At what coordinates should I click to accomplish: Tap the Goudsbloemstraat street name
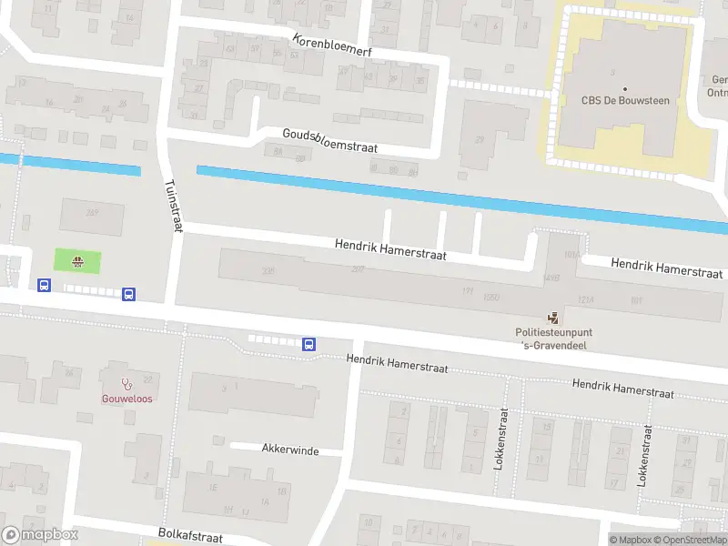coord(329,141)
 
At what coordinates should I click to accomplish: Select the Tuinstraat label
coord(171,206)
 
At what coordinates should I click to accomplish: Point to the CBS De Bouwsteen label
coord(625,100)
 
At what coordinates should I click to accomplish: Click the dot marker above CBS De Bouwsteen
coord(625,88)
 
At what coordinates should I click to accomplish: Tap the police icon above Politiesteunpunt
coord(552,318)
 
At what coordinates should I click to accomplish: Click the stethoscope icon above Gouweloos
coord(126,382)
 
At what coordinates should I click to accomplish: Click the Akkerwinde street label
coord(287,448)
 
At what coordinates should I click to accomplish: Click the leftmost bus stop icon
coord(44,285)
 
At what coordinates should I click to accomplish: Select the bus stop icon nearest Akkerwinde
coord(308,344)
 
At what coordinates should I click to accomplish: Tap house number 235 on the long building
coord(268,271)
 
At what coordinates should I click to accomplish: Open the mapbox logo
coord(38,534)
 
